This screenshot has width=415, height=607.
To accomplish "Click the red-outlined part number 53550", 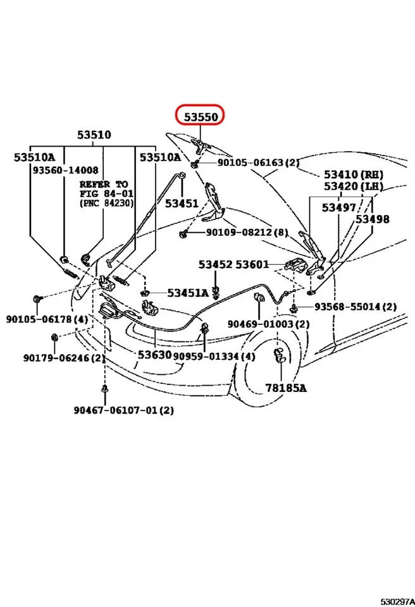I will tap(201, 118).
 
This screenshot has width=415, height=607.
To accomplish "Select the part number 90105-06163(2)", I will tap(258, 163).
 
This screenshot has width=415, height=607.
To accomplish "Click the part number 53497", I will tap(338, 207).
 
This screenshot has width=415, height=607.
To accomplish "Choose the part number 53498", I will tap(372, 219).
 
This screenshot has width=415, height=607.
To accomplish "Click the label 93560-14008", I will tap(65, 170).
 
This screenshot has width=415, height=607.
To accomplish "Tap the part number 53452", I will tap(216, 264).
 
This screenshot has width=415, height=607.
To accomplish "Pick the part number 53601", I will tap(252, 264).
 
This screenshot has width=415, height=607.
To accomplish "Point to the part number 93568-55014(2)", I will tap(356, 307).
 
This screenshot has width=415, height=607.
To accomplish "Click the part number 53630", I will tap(155, 355).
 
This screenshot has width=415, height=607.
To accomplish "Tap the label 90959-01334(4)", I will tap(214, 357).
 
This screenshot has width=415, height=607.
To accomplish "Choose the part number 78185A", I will tap(285, 388).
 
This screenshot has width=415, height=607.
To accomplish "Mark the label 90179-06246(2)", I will tap(65, 358).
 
